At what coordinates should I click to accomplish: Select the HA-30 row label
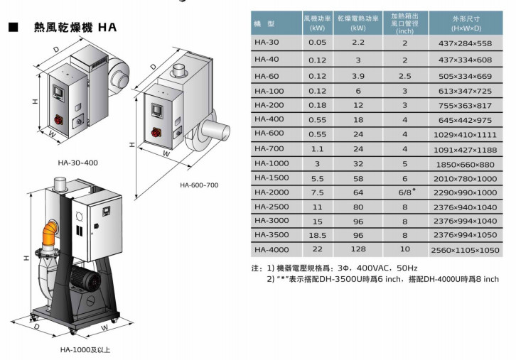267,43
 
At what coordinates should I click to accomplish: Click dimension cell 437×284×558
465,43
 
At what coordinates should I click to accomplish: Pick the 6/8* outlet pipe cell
405,192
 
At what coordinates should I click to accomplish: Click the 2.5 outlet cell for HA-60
405,75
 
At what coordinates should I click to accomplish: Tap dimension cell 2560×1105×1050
465,250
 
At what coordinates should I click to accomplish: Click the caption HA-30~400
78,163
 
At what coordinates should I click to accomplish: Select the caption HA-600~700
199,185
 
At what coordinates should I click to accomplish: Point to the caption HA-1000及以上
85,349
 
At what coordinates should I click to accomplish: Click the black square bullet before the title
12,28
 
